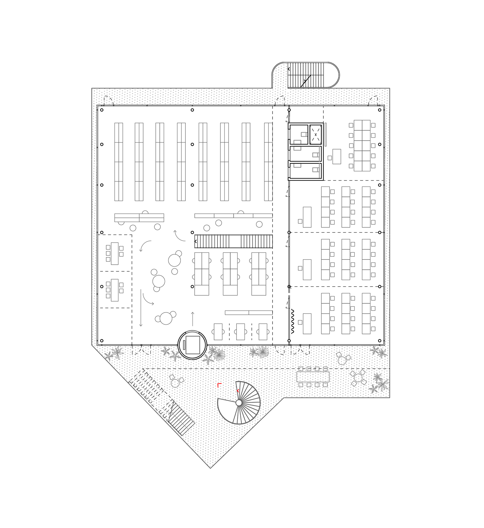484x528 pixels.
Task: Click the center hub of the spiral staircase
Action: click(238, 402)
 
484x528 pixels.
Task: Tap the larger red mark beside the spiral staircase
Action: click(219, 384)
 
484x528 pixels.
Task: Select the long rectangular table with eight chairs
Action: click(313, 377)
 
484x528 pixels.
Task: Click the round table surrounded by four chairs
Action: click(358, 378)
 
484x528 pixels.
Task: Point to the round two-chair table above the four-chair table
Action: click(343, 359)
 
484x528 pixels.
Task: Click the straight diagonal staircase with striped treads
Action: click(180, 418)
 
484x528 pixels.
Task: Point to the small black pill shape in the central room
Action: click(185, 286)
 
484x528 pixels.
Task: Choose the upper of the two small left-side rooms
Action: click(114, 253)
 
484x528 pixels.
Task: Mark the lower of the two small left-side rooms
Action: click(114, 290)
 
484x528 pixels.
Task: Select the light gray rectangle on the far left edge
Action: click(98, 363)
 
